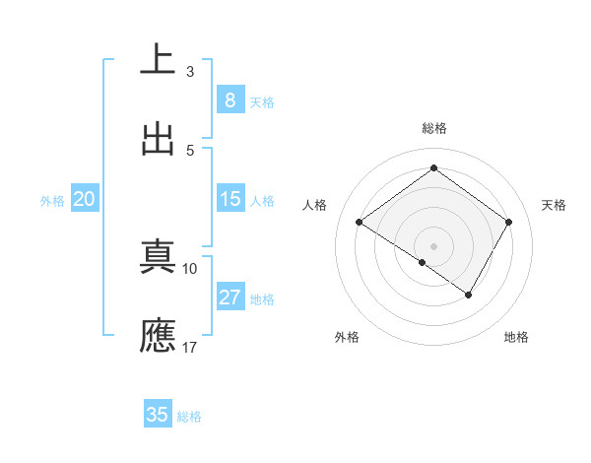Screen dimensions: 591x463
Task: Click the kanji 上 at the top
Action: (158, 59)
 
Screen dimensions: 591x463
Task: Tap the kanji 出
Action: (158, 138)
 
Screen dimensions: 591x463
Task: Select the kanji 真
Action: (158, 257)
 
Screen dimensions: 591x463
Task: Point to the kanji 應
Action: (158, 336)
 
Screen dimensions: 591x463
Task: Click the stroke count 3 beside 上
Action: (190, 72)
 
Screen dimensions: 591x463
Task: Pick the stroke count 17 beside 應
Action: (190, 347)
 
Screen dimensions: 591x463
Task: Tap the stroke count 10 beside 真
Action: (190, 268)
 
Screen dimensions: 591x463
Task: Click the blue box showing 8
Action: (230, 99)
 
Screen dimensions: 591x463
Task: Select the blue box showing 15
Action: (230, 199)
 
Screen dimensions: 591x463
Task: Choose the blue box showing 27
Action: (230, 298)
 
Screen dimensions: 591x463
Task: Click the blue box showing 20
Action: (85, 199)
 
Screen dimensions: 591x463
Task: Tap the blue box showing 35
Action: (157, 415)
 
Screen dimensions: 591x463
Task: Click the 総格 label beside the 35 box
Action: (189, 417)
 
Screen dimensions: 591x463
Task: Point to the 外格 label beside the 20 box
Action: (52, 201)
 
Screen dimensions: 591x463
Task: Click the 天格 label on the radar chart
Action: (555, 205)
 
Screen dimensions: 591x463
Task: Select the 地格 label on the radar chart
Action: (516, 337)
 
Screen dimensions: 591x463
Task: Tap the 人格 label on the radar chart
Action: (315, 205)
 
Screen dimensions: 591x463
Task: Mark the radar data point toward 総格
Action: (433, 168)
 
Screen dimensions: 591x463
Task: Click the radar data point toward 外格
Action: (422, 263)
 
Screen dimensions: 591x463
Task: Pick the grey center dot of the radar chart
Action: (433, 245)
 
